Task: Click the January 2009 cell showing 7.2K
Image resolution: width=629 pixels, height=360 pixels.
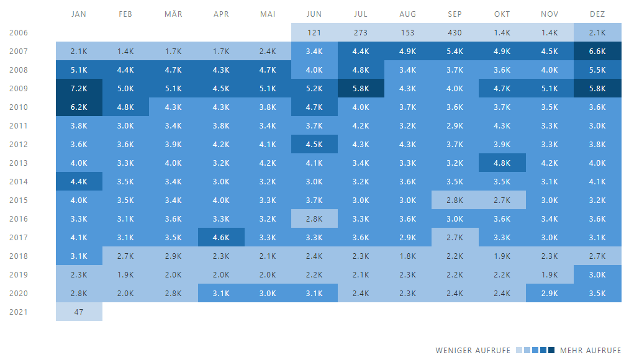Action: pos(79,89)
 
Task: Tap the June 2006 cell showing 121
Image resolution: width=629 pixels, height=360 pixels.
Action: pos(314,33)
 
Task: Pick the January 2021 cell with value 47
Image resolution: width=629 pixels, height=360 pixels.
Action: pos(79,312)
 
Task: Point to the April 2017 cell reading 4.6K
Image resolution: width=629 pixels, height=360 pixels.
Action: pos(220,238)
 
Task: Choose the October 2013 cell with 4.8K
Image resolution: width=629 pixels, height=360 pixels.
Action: pos(502,163)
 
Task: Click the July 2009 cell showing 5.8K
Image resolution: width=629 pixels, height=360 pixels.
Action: pos(361,89)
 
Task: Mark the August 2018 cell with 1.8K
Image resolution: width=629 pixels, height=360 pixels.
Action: pos(408,256)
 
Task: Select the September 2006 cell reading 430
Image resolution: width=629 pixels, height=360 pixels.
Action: pos(455,33)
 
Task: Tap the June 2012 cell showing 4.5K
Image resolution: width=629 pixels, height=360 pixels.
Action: pos(314,145)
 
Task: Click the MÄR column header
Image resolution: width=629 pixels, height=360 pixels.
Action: pos(173,14)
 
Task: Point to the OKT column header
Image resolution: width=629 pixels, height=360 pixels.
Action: pos(502,14)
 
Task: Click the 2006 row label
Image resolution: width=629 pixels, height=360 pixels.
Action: pos(19,33)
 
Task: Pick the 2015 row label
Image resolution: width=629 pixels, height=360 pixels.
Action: pos(19,200)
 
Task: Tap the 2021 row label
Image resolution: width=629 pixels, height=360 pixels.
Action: pos(19,312)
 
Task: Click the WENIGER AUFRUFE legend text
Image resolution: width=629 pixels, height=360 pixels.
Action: pos(474,351)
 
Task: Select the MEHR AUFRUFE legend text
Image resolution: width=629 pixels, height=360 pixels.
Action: pos(591,351)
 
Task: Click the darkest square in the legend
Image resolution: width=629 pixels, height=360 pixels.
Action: pos(552,351)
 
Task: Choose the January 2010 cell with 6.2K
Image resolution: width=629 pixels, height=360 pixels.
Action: pos(79,107)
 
